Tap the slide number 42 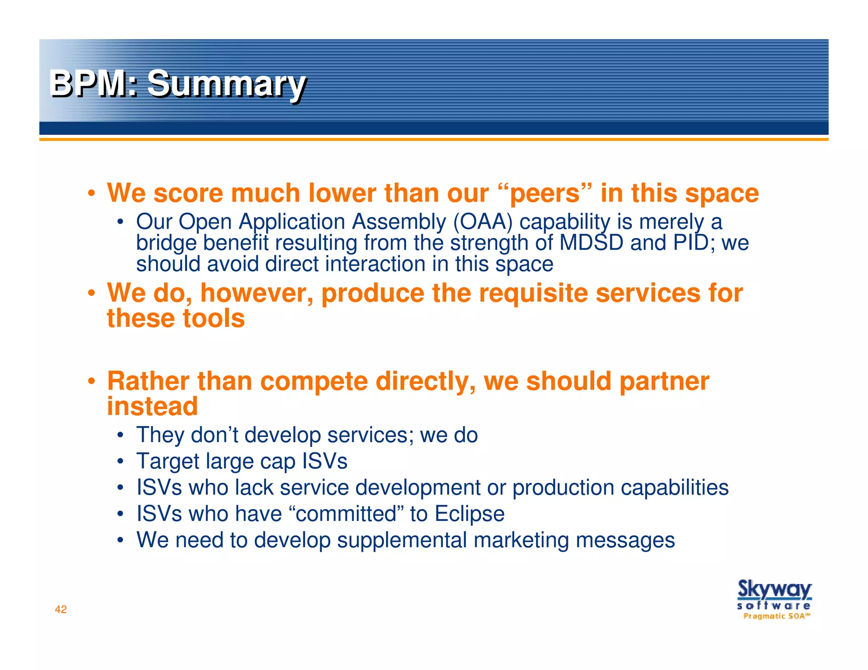click(61, 609)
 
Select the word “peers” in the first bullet click(545, 193)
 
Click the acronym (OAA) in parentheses click(483, 221)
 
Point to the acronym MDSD click(591, 243)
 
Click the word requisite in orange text click(533, 293)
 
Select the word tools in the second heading click(214, 318)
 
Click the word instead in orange click(152, 406)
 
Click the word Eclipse click(470, 514)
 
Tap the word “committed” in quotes click(346, 514)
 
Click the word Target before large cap click(167, 461)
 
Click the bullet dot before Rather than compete click(91, 381)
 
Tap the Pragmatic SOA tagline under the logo click(776, 616)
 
